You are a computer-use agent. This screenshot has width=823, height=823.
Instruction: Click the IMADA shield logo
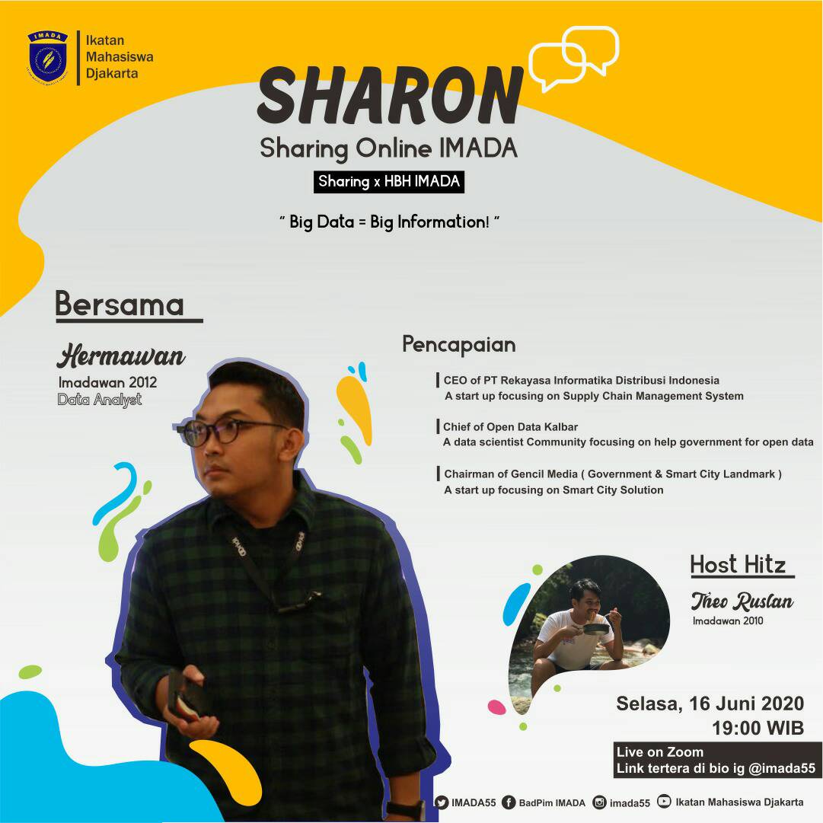(47, 56)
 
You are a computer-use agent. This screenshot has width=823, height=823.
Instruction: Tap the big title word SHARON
(390, 97)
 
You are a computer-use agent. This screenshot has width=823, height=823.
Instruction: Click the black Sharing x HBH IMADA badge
(389, 182)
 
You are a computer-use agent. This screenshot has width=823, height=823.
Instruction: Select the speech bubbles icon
(573, 59)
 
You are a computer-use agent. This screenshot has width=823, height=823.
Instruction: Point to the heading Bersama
(120, 305)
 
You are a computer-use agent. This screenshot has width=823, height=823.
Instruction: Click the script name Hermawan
(121, 356)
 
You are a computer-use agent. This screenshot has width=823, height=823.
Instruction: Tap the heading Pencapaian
(459, 344)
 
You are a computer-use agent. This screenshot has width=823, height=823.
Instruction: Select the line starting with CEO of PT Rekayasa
(582, 380)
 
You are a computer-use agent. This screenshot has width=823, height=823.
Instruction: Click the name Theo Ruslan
(742, 601)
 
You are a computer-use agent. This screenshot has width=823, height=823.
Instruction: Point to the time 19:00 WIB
(758, 727)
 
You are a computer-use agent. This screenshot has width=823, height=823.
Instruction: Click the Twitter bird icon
(442, 802)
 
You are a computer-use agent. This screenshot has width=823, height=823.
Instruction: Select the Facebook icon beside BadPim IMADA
(509, 802)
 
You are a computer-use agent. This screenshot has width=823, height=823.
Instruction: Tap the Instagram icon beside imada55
(600, 802)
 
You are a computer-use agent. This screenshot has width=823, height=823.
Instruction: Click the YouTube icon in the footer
(665, 801)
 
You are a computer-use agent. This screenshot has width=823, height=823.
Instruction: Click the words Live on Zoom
(659, 752)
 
